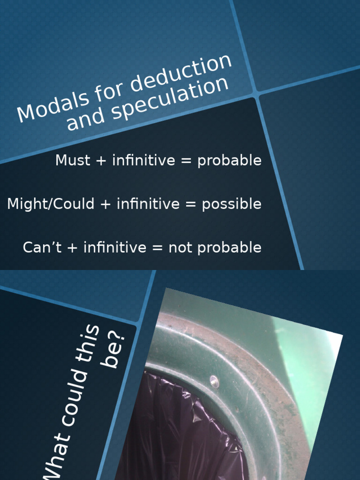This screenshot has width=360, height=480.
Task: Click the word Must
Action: [x=73, y=160]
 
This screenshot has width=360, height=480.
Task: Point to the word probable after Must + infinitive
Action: [x=229, y=161]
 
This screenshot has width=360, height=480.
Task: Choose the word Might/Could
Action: [x=51, y=204]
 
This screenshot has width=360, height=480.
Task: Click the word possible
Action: [x=232, y=204]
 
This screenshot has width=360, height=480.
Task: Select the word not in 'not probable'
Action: [x=178, y=247]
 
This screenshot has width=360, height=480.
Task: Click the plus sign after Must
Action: [x=101, y=160]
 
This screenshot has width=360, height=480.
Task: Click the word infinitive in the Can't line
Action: [x=115, y=247]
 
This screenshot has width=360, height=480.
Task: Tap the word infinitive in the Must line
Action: [x=143, y=160]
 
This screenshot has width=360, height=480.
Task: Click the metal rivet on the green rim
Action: [x=214, y=382]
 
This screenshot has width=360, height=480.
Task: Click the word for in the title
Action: [x=111, y=91]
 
